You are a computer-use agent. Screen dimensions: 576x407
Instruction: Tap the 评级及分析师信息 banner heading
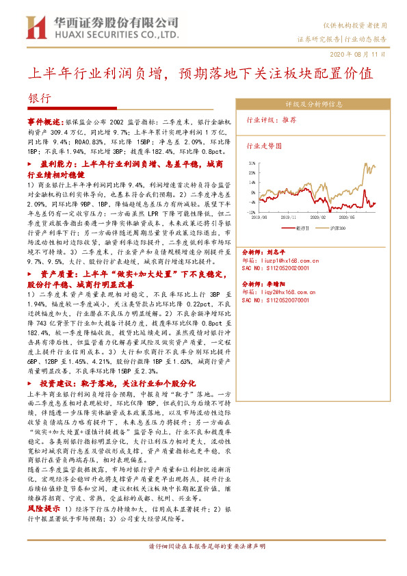(x=313, y=105)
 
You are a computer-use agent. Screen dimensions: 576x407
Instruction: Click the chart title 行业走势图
(x=263, y=146)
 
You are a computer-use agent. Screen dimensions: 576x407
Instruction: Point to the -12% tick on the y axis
(x=252, y=213)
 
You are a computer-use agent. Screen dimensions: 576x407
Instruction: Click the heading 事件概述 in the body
(x=44, y=118)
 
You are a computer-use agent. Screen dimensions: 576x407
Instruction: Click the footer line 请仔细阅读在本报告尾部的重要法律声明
(x=203, y=547)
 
